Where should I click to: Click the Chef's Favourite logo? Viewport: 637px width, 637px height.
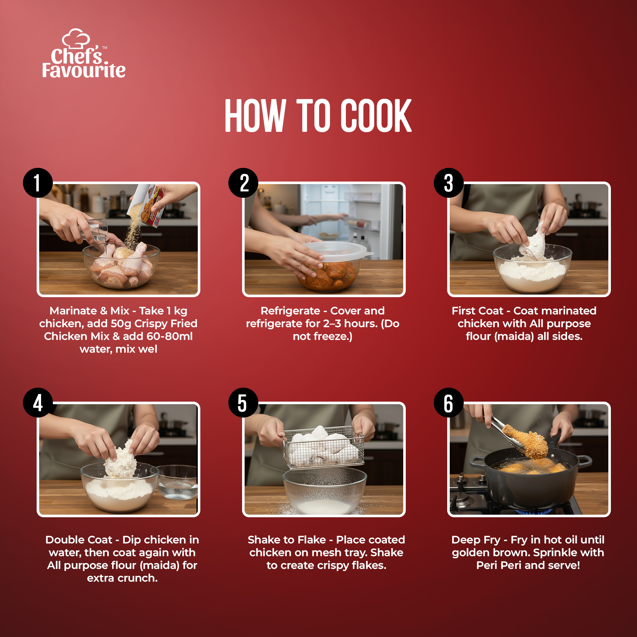click(x=84, y=54)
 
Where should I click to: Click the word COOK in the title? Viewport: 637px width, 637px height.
click(x=376, y=116)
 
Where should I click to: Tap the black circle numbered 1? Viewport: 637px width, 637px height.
click(x=38, y=183)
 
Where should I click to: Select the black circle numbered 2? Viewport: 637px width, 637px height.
click(x=243, y=183)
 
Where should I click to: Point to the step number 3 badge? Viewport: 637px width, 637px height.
click(x=449, y=183)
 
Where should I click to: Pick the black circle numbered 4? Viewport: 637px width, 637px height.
click(x=38, y=403)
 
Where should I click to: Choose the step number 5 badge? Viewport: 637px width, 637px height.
click(x=243, y=403)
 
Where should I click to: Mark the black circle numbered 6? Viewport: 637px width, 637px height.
click(x=449, y=403)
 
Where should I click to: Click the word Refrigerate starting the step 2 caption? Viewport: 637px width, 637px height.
click(x=290, y=311)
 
